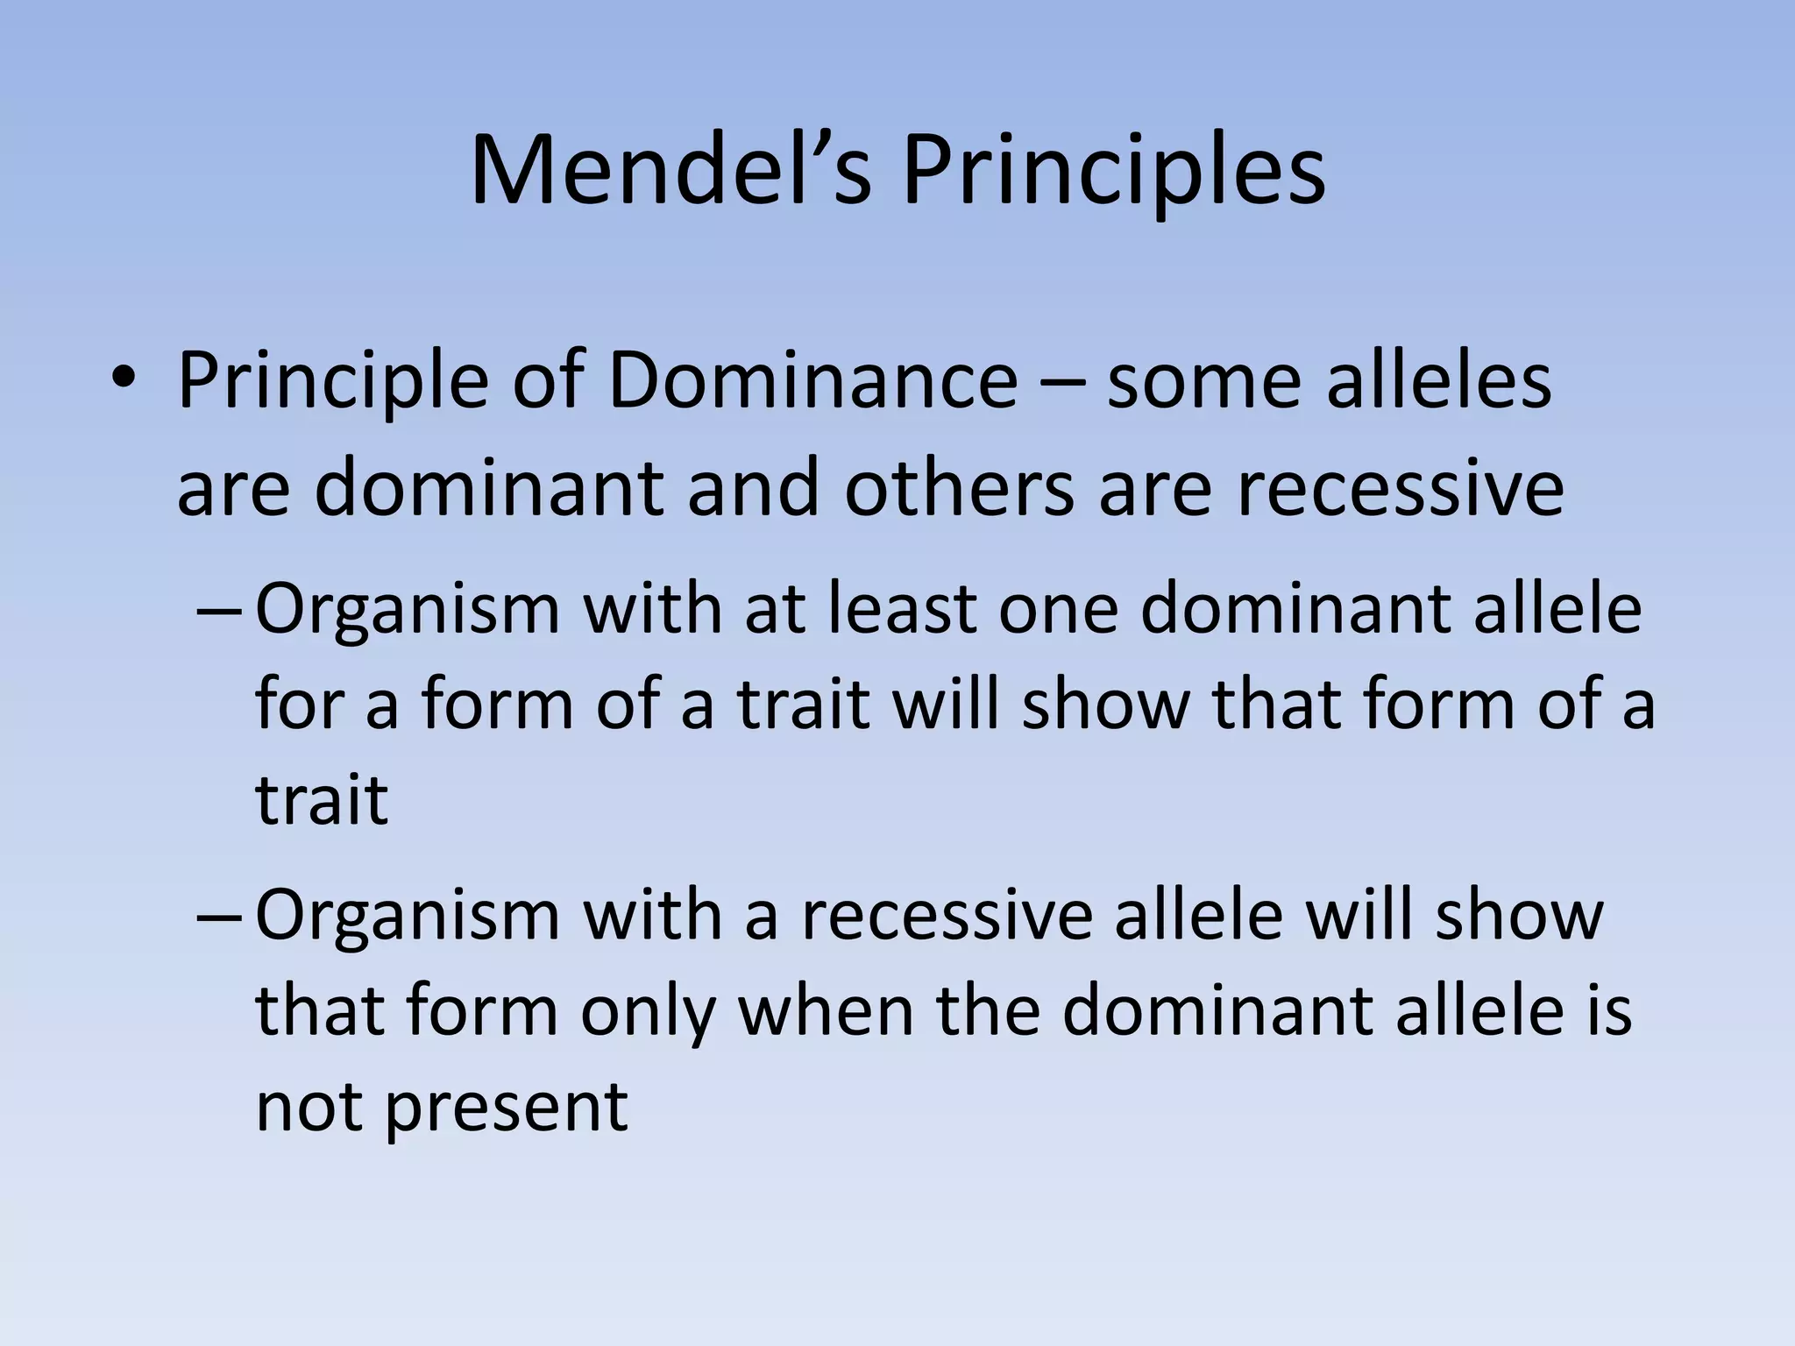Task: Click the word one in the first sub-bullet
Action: (1059, 610)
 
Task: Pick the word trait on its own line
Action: (321, 799)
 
